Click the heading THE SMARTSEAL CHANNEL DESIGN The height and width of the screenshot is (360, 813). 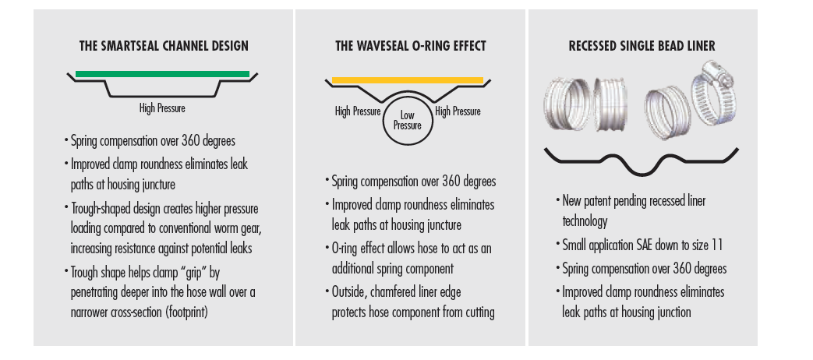164,46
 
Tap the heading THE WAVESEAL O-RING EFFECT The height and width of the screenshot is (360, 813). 411,46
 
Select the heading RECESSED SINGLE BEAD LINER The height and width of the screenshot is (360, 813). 642,46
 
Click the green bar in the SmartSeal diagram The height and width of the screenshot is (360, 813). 162,74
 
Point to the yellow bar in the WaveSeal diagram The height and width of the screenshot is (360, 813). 408,80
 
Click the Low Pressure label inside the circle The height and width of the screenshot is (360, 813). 408,120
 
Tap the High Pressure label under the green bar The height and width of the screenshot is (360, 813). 162,108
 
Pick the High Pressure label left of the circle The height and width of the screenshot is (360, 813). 358,111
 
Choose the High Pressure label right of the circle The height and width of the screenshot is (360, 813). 458,111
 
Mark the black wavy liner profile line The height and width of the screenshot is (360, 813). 642,160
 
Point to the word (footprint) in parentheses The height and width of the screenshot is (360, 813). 182,313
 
